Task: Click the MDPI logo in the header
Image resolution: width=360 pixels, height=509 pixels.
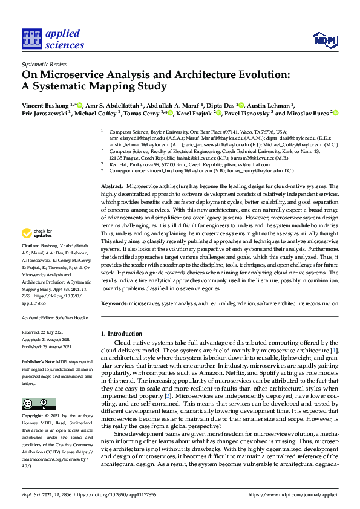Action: (325, 40)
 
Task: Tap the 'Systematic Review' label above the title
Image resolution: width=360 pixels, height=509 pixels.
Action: (44, 63)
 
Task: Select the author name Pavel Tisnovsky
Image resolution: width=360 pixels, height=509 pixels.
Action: (249, 112)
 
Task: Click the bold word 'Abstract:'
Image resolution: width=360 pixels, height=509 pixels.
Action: (112, 186)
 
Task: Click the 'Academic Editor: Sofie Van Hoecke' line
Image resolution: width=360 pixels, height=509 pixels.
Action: (56, 317)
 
